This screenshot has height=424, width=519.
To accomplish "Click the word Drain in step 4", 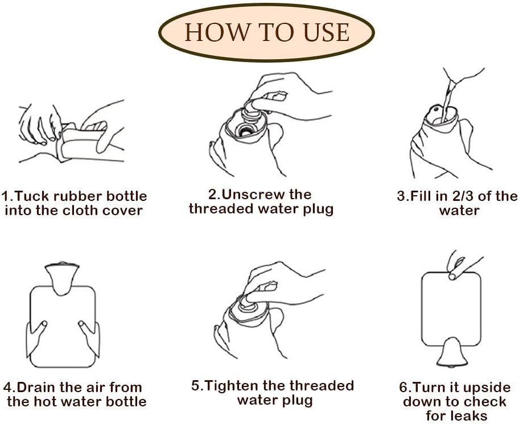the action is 36,387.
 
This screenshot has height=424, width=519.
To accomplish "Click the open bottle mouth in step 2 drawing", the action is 245,130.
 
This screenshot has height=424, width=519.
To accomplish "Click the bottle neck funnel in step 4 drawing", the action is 62,279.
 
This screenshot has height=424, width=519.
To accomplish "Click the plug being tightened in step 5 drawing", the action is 248,304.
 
